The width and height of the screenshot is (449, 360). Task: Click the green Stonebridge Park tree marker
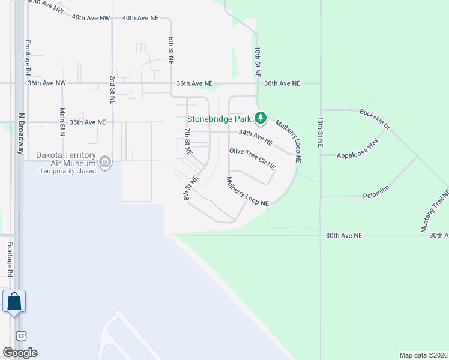260,118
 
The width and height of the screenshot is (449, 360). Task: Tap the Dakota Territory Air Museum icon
104,161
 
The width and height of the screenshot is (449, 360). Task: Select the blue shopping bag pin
14,301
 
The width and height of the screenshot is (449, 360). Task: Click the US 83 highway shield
20,335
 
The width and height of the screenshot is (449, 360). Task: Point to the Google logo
20,353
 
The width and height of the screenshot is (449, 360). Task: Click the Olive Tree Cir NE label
252,158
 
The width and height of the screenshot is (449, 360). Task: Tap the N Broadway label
20,134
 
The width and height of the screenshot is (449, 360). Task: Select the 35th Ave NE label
88,122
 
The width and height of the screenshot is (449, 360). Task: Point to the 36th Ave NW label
46,84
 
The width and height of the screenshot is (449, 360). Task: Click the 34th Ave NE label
255,137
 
